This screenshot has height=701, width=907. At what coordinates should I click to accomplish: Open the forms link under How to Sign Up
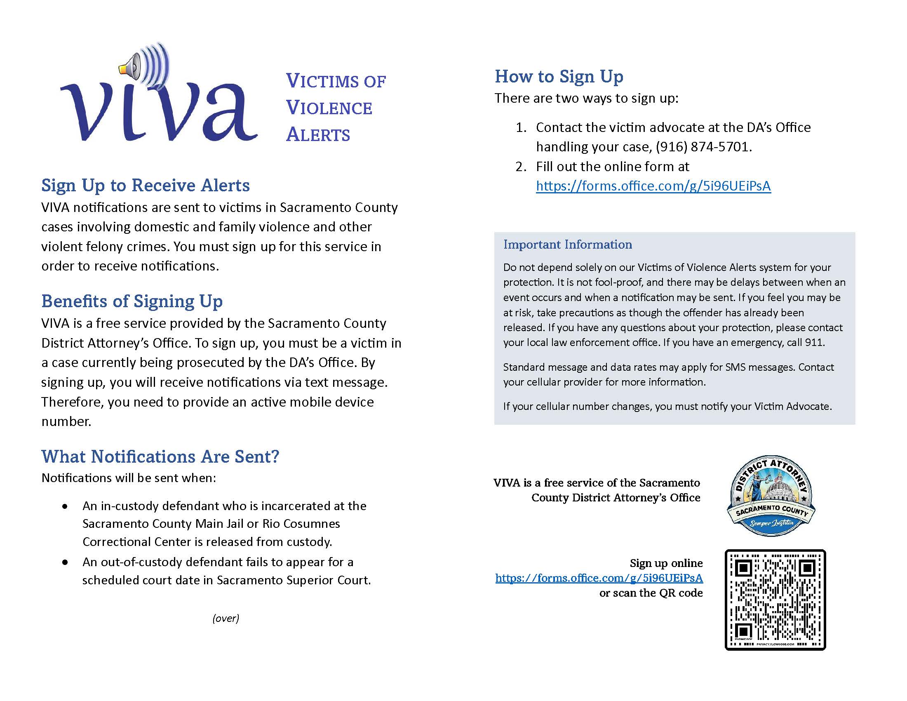[x=653, y=186]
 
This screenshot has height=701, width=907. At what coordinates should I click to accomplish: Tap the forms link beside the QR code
[x=599, y=578]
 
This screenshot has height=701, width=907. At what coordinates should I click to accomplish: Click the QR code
[x=775, y=600]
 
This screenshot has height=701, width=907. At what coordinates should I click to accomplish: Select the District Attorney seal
[x=771, y=496]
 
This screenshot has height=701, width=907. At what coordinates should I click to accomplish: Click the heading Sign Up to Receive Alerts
[x=146, y=185]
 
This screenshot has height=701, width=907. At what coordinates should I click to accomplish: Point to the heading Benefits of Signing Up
[x=132, y=301]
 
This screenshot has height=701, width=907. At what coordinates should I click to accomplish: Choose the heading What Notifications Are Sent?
[x=160, y=456]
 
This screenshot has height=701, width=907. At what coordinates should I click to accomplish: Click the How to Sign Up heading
[x=559, y=77]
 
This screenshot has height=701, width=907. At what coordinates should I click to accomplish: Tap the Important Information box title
[x=567, y=245]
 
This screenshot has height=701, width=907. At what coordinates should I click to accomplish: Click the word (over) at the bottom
[x=226, y=619]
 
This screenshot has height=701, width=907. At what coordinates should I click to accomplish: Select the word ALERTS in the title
[x=318, y=135]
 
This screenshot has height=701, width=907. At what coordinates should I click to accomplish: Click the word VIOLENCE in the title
[x=329, y=108]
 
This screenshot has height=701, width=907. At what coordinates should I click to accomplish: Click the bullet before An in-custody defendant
[x=65, y=507]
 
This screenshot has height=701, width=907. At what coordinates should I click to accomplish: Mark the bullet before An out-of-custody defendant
[x=65, y=563]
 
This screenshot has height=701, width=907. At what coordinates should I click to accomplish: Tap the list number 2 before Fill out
[x=520, y=167]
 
